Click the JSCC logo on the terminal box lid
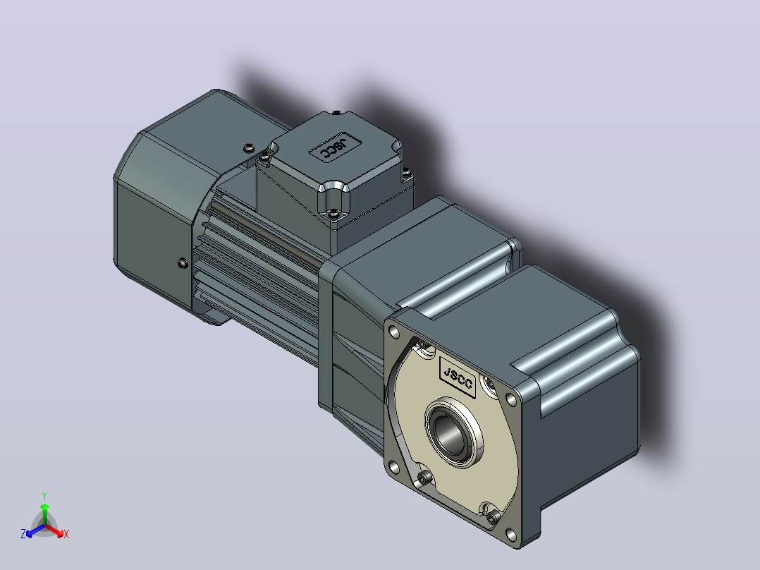(334, 147)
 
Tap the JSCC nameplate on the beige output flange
(458, 377)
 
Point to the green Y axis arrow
(44, 514)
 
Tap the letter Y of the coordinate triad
(44, 496)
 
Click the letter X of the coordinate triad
(66, 534)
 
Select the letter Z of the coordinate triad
(23, 534)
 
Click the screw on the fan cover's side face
(183, 263)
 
